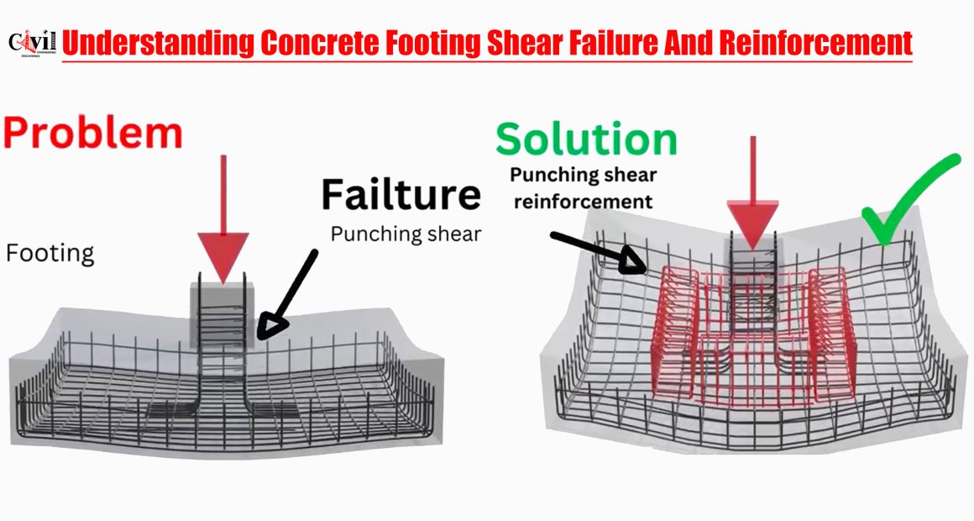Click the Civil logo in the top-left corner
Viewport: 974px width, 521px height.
pos(32,44)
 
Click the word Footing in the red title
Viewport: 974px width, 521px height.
pos(434,44)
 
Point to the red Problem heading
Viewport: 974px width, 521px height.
pos(93,133)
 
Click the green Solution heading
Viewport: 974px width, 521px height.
pos(586,139)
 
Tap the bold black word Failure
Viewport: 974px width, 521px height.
pos(401,194)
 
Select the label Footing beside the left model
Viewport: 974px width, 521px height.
pos(50,254)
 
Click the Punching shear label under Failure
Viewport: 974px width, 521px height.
pos(406,234)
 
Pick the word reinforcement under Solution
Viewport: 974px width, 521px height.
pos(584,202)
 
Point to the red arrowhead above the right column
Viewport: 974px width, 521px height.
pos(753,224)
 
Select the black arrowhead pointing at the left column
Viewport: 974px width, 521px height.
pos(271,328)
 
